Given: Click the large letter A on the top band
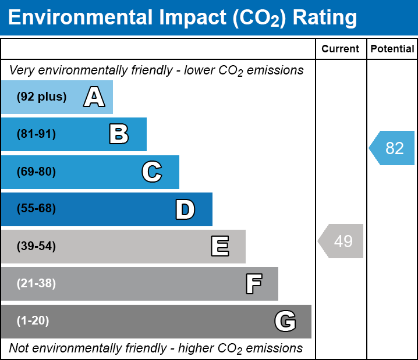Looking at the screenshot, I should (94, 97).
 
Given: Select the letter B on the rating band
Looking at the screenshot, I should (119, 134).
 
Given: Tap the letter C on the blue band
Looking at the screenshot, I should (152, 172).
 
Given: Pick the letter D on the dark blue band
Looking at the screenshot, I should (185, 209).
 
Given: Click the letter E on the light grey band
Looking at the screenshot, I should (219, 247).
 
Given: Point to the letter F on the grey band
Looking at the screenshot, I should (253, 284).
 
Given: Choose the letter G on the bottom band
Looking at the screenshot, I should (285, 321).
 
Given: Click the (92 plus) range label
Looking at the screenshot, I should (41, 97).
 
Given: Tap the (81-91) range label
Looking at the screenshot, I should (36, 134).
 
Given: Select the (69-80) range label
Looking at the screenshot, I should (36, 172).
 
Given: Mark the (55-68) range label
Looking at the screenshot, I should (36, 209).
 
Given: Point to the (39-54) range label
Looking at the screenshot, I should (36, 247).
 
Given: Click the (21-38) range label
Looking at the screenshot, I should (36, 284).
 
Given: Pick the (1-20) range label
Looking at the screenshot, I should (33, 321).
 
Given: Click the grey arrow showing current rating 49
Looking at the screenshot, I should (341, 241).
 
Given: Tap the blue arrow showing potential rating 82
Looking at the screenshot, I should (392, 148).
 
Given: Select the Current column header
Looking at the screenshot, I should (341, 49).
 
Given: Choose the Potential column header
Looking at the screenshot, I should (392, 49).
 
